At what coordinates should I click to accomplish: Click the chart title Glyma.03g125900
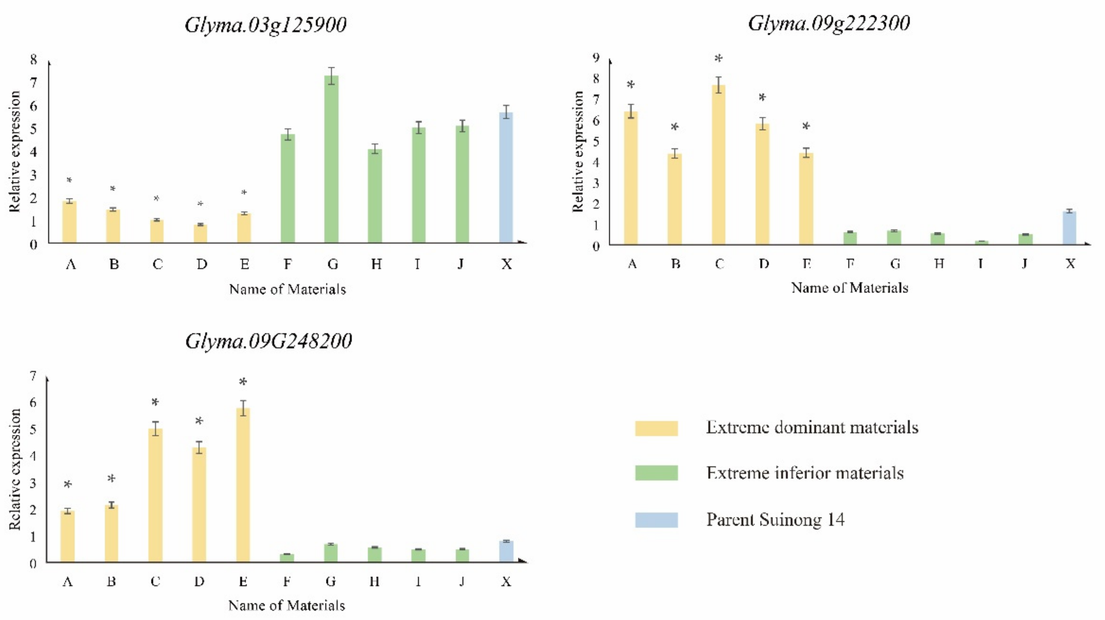pyautogui.click(x=265, y=25)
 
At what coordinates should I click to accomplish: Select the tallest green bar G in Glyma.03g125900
pyautogui.click(x=331, y=159)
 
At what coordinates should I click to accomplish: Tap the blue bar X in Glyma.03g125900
pyautogui.click(x=506, y=177)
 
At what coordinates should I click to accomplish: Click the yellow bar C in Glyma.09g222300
pyautogui.click(x=718, y=165)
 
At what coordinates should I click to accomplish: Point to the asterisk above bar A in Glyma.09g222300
pyautogui.click(x=630, y=85)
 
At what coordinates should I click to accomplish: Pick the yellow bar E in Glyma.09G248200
pyautogui.click(x=243, y=484)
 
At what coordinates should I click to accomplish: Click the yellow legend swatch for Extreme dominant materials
pyautogui.click(x=656, y=428)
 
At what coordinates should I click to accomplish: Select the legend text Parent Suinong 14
pyautogui.click(x=775, y=520)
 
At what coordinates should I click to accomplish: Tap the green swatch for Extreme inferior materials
pyautogui.click(x=656, y=473)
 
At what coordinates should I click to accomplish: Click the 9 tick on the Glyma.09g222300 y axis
pyautogui.click(x=596, y=58)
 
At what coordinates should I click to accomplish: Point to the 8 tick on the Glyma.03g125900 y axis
pyautogui.click(x=33, y=60)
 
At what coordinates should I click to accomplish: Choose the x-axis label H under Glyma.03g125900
pyautogui.click(x=376, y=264)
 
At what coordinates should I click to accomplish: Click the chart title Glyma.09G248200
pyautogui.click(x=269, y=342)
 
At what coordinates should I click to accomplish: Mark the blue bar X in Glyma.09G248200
pyautogui.click(x=506, y=551)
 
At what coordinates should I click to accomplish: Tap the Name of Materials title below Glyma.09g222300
pyautogui.click(x=849, y=288)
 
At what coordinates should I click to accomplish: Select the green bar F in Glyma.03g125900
pyautogui.click(x=288, y=188)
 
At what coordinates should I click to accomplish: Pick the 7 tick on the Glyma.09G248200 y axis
pyautogui.click(x=33, y=376)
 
